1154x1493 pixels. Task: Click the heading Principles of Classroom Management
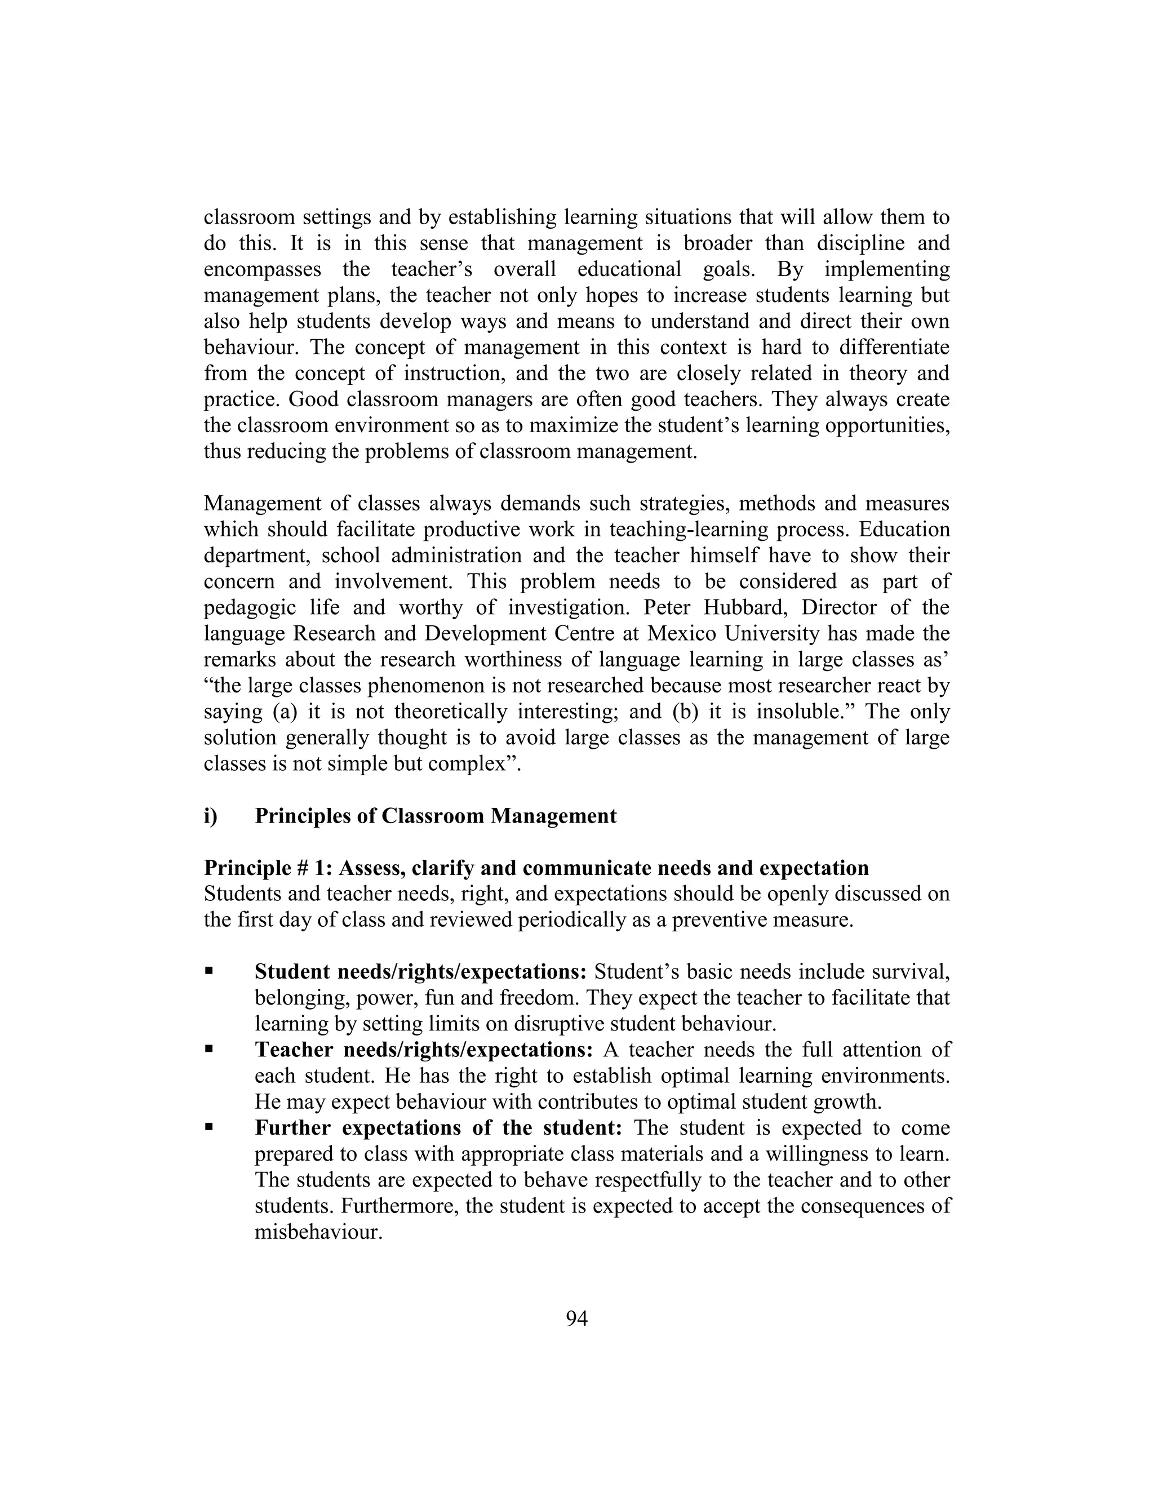coord(436,816)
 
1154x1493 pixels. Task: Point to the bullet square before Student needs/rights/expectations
coord(209,971)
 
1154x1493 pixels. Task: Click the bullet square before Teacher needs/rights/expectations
coord(209,1048)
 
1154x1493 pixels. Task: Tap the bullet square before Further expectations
coord(209,1127)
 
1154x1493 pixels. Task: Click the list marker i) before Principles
coord(211,816)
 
